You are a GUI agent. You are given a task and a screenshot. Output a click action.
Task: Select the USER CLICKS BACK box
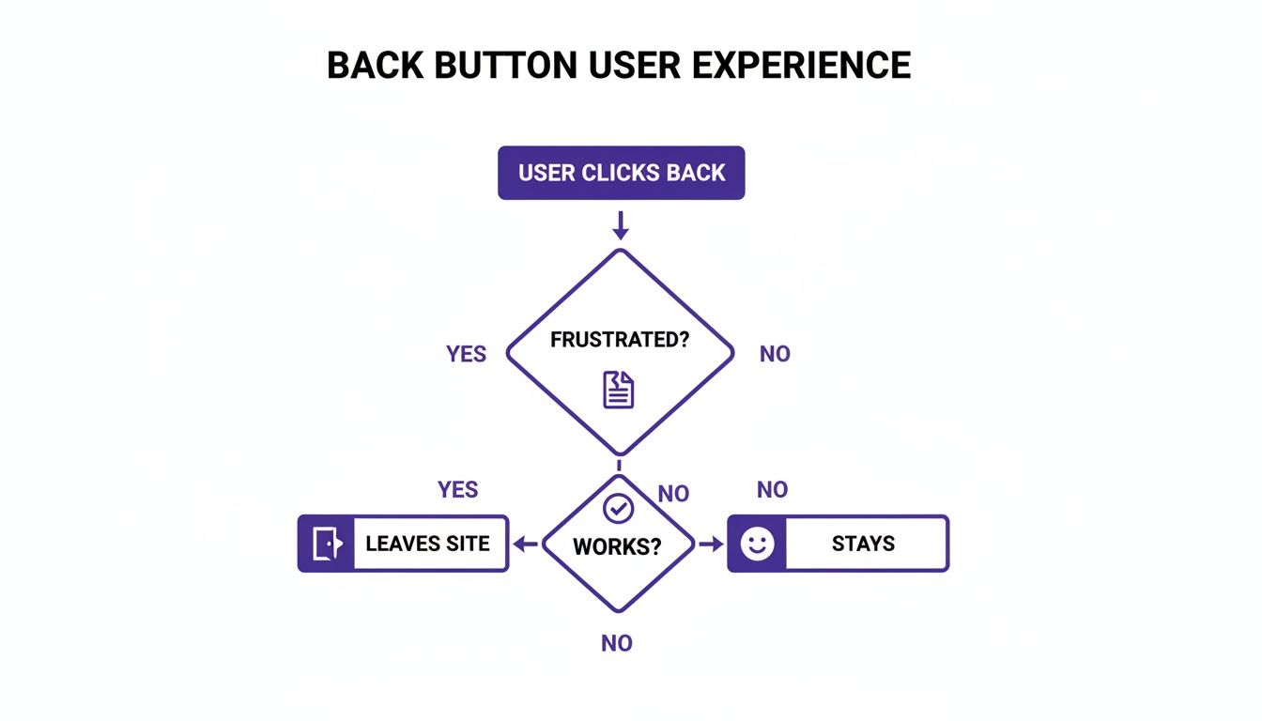click(621, 173)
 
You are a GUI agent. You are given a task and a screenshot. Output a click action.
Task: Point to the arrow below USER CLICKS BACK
click(620, 225)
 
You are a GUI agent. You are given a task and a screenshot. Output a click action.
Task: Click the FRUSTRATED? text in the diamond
click(620, 340)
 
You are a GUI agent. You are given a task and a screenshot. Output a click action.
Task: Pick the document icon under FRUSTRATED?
click(619, 390)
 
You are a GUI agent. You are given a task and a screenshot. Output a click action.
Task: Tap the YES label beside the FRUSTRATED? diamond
click(466, 354)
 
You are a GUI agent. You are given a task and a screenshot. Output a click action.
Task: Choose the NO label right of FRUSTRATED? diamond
click(775, 354)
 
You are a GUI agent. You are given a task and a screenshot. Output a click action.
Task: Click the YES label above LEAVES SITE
click(457, 489)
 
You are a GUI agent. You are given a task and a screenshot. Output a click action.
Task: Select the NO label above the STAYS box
click(772, 489)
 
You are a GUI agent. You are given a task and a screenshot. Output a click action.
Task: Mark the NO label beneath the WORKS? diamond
click(617, 643)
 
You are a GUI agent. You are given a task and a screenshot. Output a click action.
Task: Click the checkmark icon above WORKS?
click(618, 508)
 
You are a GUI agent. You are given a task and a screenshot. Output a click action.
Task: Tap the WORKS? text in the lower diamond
click(617, 545)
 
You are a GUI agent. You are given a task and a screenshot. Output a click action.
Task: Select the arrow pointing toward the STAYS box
click(711, 544)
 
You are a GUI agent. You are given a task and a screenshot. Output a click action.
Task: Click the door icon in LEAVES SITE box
click(325, 544)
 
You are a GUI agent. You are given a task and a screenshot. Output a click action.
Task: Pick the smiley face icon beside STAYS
click(757, 544)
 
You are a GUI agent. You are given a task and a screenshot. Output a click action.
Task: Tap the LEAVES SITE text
click(427, 544)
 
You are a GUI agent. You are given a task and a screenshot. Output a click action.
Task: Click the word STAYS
click(863, 544)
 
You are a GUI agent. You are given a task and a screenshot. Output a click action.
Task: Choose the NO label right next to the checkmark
click(673, 494)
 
